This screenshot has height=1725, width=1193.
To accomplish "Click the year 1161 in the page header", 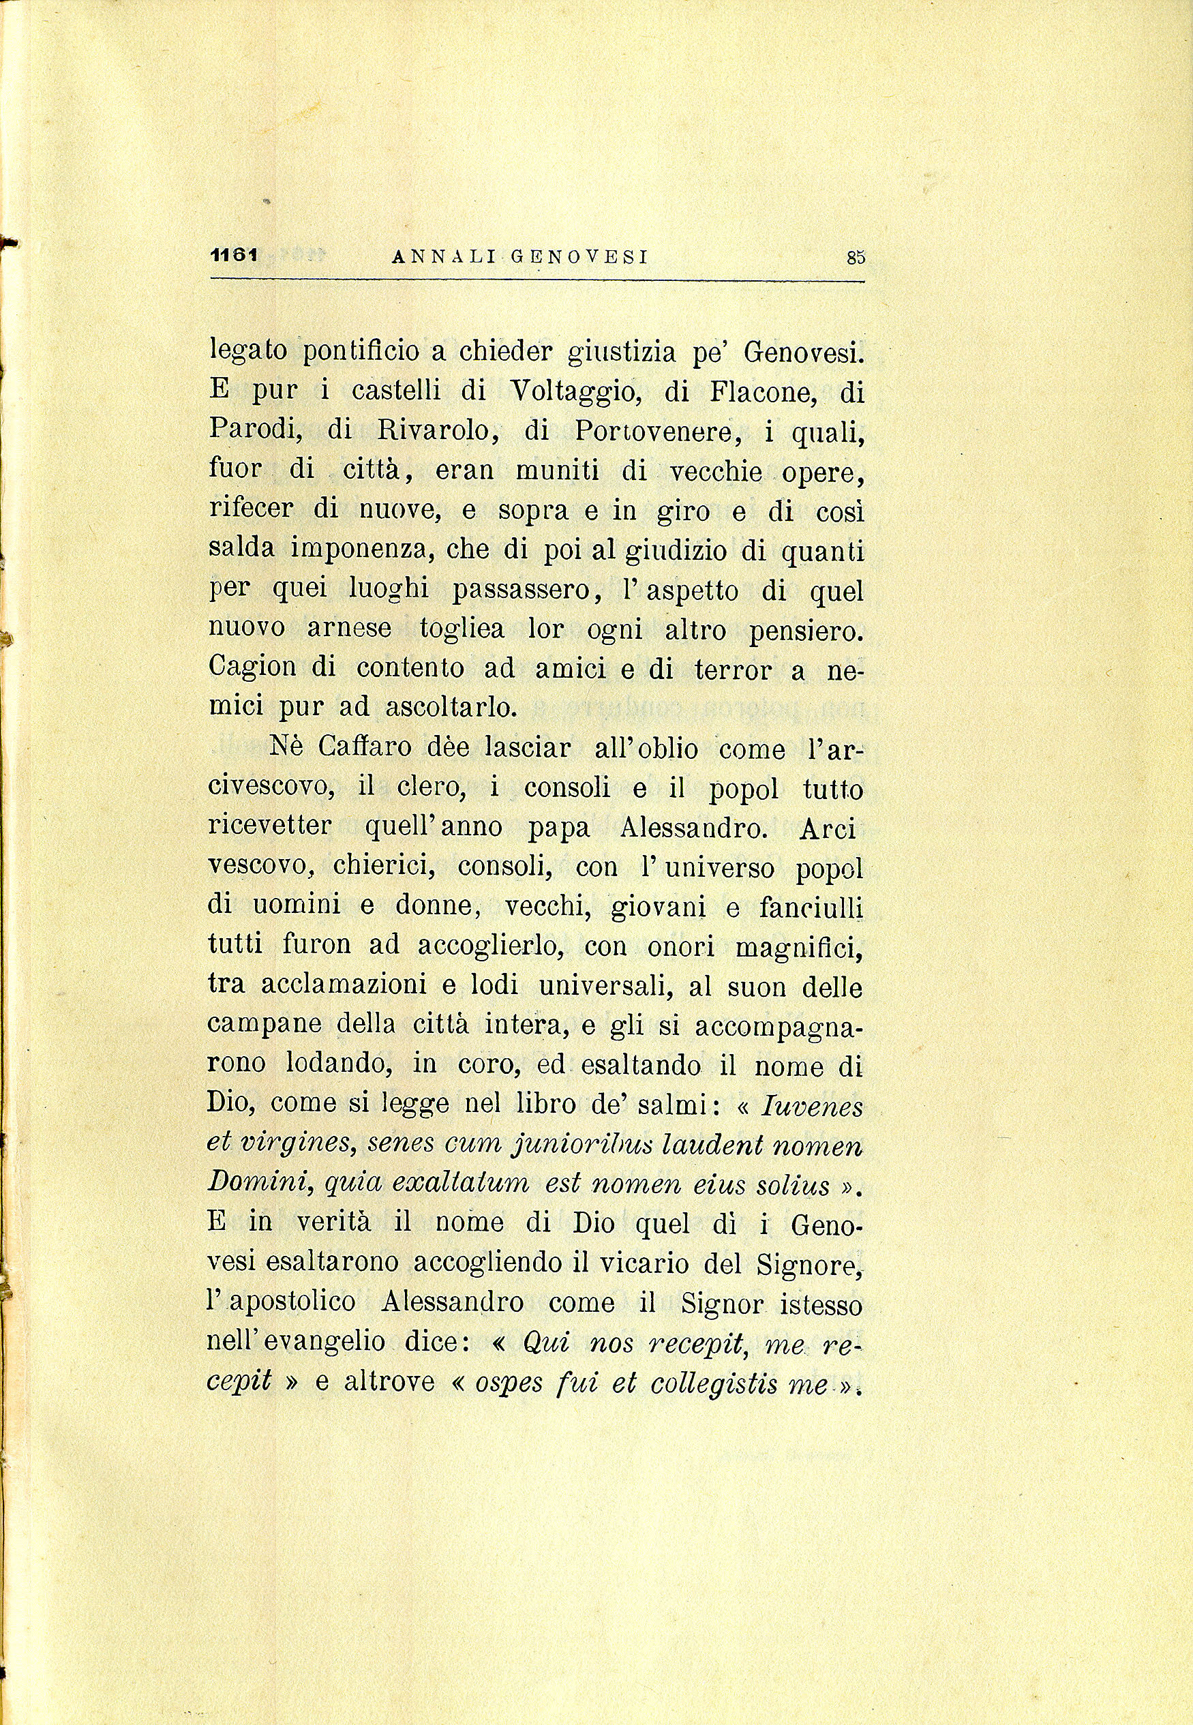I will (x=234, y=255).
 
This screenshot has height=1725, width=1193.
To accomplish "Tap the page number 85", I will (x=856, y=257).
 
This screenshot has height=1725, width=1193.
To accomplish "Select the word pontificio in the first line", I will (x=366, y=351).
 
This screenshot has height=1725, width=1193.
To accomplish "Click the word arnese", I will (x=349, y=628).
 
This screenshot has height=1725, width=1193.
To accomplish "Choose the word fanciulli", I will (x=811, y=907).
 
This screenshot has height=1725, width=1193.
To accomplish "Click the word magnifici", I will (x=799, y=948).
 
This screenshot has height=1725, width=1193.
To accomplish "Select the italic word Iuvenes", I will (x=812, y=1107).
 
